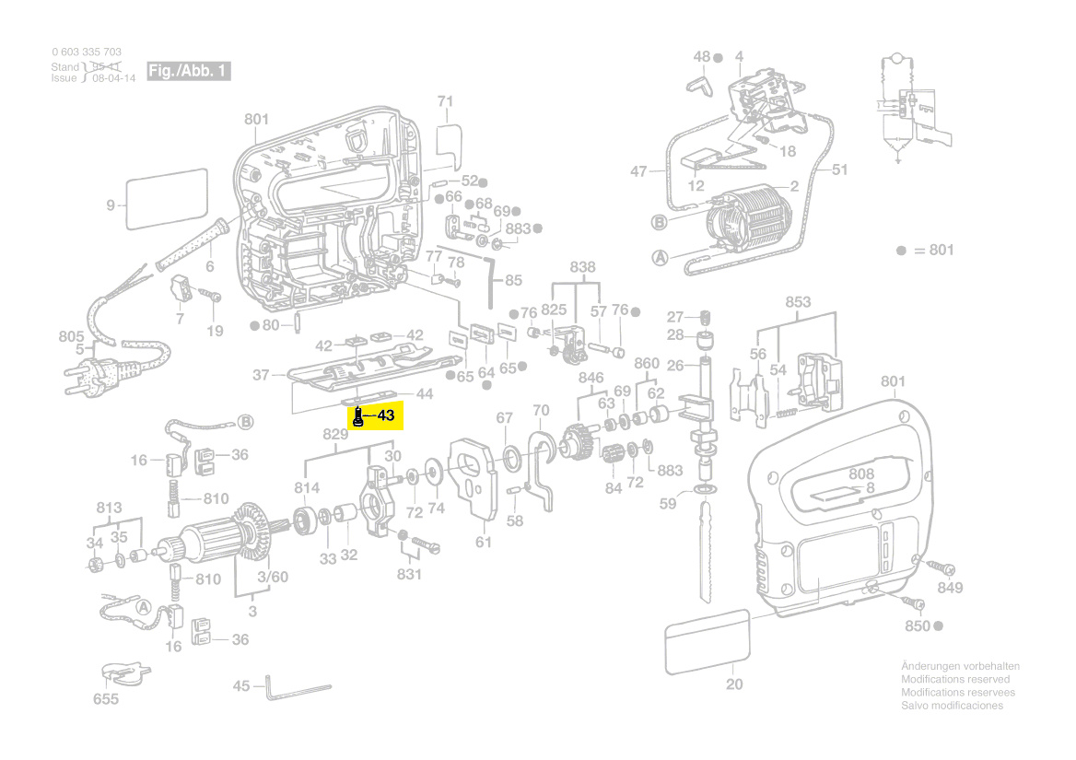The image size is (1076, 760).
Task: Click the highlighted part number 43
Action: tap(385, 416)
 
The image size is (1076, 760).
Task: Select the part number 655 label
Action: tap(106, 699)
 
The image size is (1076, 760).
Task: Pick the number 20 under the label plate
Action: tap(733, 684)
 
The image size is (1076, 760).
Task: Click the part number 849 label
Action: tap(950, 589)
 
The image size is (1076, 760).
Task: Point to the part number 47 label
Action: tap(639, 171)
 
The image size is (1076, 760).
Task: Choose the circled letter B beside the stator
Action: tap(659, 221)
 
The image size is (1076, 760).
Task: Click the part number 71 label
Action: tap(446, 100)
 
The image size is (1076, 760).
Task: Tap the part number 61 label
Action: tap(484, 543)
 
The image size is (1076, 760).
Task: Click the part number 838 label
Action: tap(582, 267)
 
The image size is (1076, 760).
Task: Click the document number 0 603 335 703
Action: tap(87, 52)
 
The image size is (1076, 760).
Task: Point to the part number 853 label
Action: tap(798, 302)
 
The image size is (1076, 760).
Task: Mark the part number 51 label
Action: tap(839, 170)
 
